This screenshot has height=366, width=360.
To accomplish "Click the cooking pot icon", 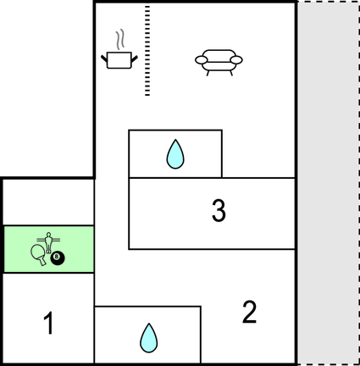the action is click(119, 60).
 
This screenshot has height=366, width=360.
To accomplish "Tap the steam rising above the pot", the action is click(120, 39).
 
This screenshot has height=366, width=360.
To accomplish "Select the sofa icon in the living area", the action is click(219, 63).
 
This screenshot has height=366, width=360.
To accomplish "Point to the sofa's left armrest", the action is click(202, 60).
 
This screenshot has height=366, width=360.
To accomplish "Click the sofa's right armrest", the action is click(236, 60).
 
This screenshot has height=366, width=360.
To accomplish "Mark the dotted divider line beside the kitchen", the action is click(147, 50).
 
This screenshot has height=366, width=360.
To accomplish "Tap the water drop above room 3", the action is click(175, 154).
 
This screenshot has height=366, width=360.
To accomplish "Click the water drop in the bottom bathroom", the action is click(149, 338).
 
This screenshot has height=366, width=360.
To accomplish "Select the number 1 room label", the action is click(48, 323).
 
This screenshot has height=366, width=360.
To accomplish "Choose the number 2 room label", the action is click(250, 312).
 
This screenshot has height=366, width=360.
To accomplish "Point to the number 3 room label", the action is click(219, 210).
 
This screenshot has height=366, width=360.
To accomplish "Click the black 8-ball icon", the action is click(58, 258).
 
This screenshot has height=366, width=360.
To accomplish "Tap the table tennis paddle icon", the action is click(39, 253).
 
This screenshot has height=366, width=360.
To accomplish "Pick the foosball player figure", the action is click(48, 242).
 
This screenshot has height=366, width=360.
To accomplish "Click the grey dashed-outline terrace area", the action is click(328, 183).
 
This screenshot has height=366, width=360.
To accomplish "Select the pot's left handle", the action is click(104, 58).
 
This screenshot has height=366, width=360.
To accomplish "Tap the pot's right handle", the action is click(135, 58).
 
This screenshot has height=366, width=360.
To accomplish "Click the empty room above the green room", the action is click(48, 202).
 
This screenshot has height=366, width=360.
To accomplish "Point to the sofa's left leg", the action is click(208, 74).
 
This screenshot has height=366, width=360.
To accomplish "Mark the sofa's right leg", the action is click(231, 74).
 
